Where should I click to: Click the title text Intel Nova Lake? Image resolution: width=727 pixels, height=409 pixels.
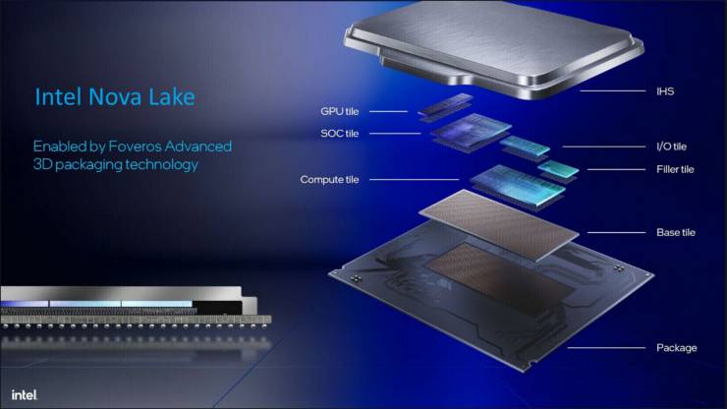pos(115,97)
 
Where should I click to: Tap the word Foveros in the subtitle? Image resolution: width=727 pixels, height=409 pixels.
pos(135,146)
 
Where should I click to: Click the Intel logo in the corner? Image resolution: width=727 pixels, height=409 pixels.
pos(25,394)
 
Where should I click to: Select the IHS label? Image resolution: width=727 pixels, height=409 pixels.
pos(665,91)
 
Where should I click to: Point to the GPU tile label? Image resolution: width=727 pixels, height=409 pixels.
pos(339,111)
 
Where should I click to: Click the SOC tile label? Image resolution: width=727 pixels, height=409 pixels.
pos(339,134)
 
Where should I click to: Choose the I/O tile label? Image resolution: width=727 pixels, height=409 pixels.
pos(671,146)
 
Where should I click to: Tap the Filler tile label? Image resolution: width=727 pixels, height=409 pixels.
pos(675,169)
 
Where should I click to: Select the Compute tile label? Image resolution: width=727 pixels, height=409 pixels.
pos(329,179)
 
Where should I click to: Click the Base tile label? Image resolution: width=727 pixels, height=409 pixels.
pos(676,233)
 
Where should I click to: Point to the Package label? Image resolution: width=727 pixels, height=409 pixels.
pos(677,348)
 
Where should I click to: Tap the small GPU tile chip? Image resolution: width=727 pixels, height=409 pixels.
pos(446,106)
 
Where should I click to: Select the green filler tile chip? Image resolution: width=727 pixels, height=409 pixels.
pos(559,170)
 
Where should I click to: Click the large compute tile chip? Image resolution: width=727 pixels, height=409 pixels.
pos(518,186)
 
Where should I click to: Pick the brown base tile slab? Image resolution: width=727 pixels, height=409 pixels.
pos(499,225)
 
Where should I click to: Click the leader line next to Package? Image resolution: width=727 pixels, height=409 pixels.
pos(606,348)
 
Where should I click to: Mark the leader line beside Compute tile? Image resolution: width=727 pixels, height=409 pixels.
pos(414,179)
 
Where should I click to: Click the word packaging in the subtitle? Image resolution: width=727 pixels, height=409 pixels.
pos(88,165)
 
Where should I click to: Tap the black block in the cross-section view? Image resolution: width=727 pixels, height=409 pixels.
pos(217,308)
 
